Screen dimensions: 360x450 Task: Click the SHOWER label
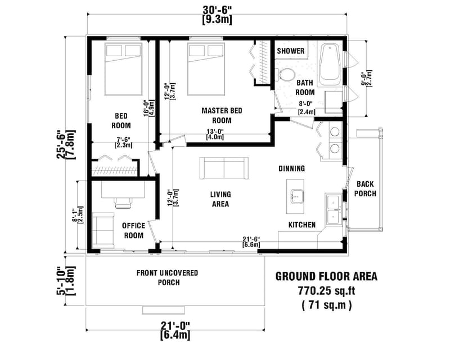click(291, 51)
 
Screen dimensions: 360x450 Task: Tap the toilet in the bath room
click(287, 75)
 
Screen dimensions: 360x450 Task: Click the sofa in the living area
click(223, 168)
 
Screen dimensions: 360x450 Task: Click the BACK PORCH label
click(366, 189)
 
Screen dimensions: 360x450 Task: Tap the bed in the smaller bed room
click(123, 69)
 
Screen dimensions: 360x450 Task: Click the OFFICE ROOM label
click(133, 231)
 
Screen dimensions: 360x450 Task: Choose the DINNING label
click(291, 168)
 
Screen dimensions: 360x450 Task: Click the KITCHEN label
click(301, 224)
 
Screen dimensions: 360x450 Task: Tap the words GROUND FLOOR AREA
click(326, 276)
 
